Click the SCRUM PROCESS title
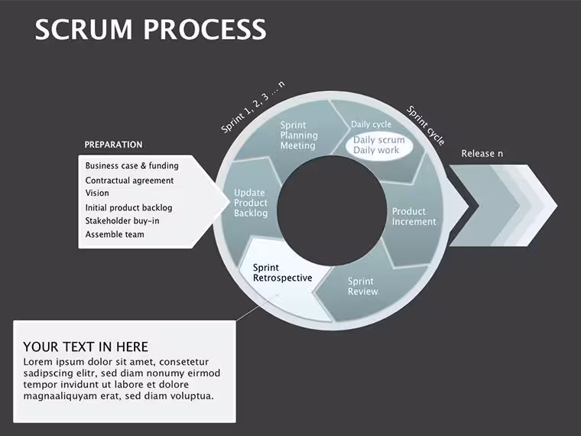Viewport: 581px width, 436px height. tap(151, 29)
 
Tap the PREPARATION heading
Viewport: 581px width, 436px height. tap(113, 145)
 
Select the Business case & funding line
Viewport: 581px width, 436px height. tap(132, 166)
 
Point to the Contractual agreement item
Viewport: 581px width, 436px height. tap(129, 181)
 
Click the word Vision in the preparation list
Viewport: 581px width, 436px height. tap(97, 193)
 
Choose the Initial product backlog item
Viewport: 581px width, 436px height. tap(128, 207)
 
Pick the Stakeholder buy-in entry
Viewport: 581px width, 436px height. tap(122, 221)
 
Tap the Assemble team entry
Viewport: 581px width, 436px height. tap(115, 234)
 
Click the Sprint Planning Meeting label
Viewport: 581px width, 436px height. tap(299, 135)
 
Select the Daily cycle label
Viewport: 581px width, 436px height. tap(371, 124)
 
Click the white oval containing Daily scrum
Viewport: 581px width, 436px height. tap(379, 145)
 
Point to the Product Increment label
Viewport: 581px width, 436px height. tap(414, 216)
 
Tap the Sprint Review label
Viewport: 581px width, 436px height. tap(363, 286)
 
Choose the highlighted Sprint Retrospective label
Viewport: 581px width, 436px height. tap(282, 273)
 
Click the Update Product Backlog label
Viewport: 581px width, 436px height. tap(251, 203)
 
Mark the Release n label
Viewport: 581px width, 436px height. tap(482, 153)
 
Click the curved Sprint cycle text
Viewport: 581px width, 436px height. tap(426, 125)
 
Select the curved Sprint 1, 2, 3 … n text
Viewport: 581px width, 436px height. tap(253, 107)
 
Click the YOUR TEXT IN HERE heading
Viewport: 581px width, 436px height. tap(86, 347)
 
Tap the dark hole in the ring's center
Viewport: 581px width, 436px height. tap(332, 210)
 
